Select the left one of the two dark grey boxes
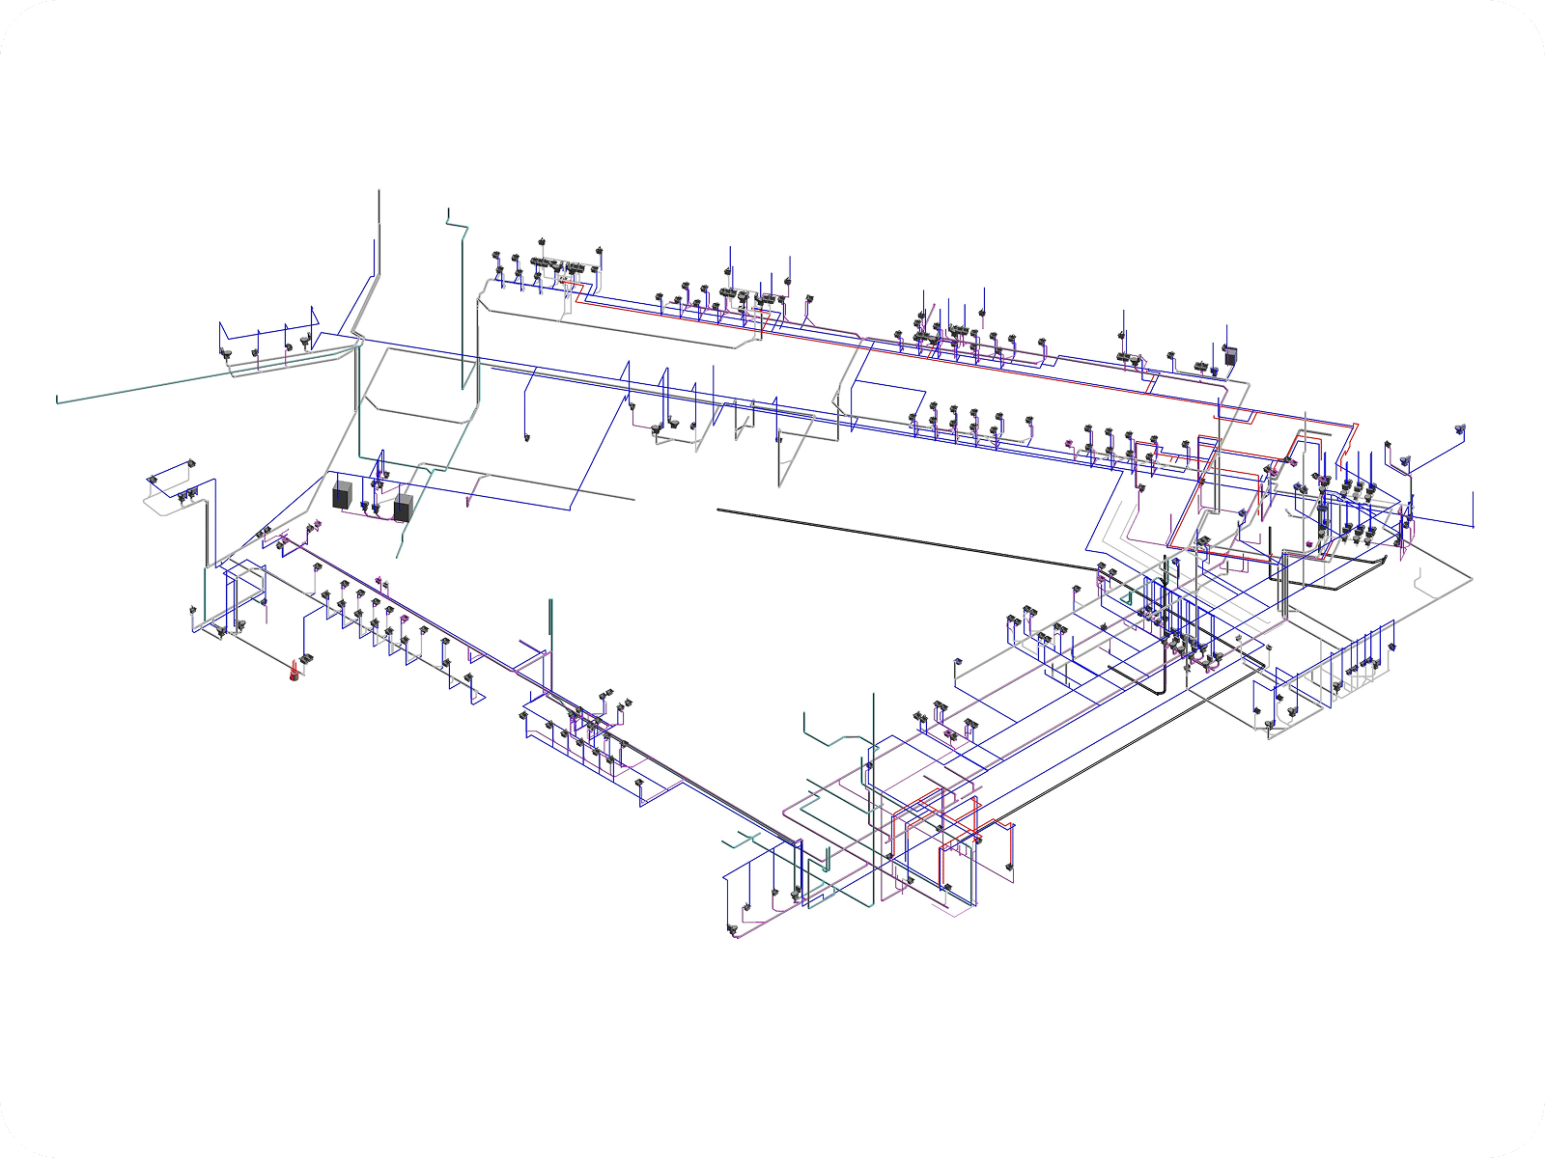[x=342, y=496]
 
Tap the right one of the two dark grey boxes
[x=403, y=508]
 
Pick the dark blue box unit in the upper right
[x=1230, y=355]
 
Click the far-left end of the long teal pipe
[x=58, y=400]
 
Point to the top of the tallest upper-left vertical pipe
[x=379, y=191]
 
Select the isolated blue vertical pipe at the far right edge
[x=1474, y=510]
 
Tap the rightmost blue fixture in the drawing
[x=1459, y=427]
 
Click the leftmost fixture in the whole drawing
[x=153, y=479]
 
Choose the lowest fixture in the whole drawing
[x=731, y=930]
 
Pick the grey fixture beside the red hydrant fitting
[x=308, y=659]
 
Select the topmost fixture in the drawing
[x=541, y=241]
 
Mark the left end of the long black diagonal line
[x=718, y=510]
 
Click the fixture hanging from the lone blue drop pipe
[x=527, y=439]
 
